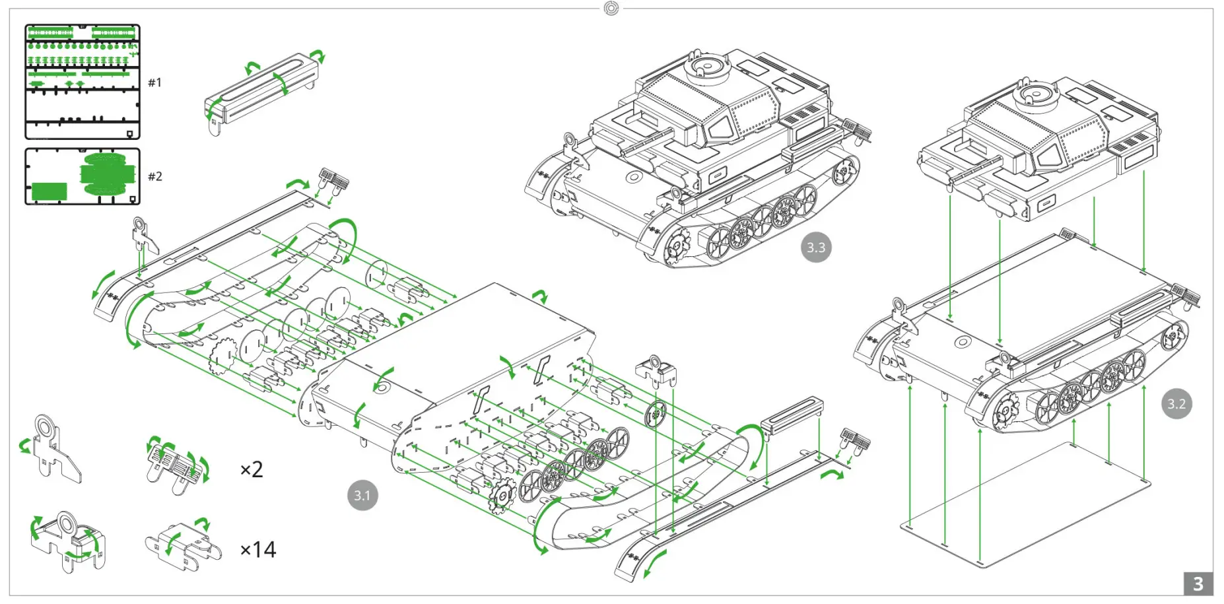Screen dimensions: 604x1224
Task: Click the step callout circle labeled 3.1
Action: (362, 495)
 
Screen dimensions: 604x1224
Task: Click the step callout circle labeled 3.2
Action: (1176, 403)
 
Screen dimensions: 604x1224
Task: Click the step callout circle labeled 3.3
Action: (815, 248)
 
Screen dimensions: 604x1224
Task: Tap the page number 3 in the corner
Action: (1198, 584)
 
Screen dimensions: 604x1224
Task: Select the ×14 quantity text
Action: (258, 549)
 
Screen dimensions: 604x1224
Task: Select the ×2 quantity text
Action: (252, 469)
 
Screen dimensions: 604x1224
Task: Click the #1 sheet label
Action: (154, 83)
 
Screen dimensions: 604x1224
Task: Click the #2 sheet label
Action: (154, 176)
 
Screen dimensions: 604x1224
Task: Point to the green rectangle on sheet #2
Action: (50, 191)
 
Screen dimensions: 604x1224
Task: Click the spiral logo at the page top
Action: (611, 9)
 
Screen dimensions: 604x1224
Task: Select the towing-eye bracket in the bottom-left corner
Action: (66, 541)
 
